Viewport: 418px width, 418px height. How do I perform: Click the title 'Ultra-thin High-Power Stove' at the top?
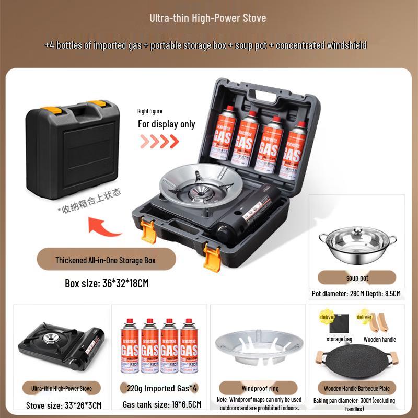tap(208, 18)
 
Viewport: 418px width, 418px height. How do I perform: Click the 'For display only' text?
tap(166, 124)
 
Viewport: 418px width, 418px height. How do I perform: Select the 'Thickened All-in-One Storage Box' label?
tap(106, 260)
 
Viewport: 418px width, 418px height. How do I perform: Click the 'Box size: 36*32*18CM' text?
tap(107, 284)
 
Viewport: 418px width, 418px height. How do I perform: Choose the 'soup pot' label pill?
tap(357, 278)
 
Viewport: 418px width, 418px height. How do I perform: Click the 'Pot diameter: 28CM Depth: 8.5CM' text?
tap(356, 294)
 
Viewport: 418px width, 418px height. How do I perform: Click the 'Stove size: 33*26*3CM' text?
tap(64, 405)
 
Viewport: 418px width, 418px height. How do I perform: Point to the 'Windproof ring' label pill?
tap(260, 388)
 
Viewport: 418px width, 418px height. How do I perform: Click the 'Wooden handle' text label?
tap(380, 340)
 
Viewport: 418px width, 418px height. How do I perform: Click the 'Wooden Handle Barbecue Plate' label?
tap(357, 388)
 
